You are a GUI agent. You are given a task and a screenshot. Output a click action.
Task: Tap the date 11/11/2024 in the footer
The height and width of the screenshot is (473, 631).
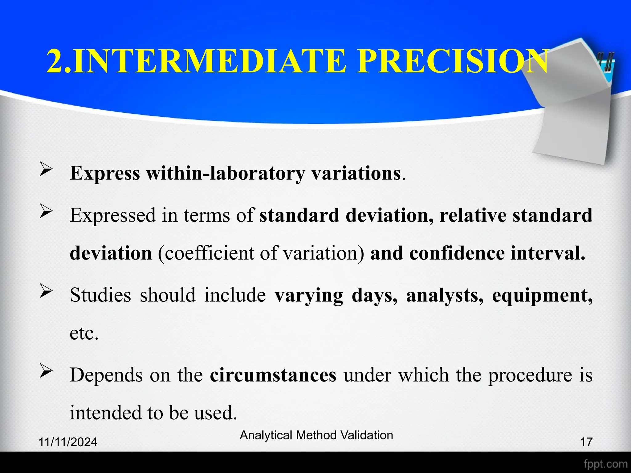pyautogui.click(x=68, y=442)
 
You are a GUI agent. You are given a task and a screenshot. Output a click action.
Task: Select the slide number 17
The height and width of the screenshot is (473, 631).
pyautogui.click(x=586, y=442)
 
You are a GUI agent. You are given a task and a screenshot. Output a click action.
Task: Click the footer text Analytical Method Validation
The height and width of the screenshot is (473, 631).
pyautogui.click(x=316, y=435)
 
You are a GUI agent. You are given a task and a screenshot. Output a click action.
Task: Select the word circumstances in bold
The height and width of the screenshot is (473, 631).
pyautogui.click(x=273, y=375)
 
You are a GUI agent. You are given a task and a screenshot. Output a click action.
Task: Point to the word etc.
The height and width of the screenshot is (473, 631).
pyautogui.click(x=84, y=333)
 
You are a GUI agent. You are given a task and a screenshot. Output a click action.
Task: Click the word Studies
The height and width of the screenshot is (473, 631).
pyautogui.click(x=100, y=295)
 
